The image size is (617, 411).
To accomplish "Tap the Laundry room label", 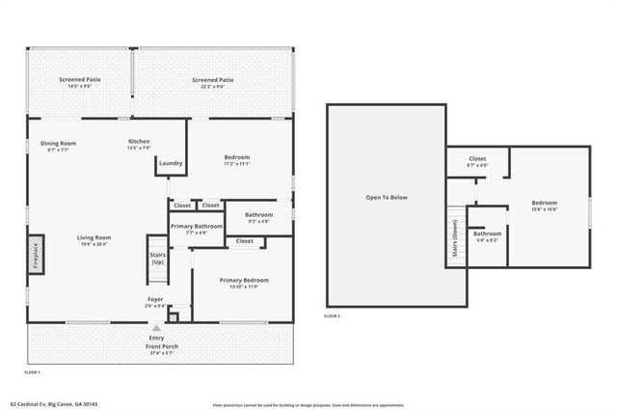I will click(x=171, y=163).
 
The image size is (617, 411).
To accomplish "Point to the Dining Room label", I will click(x=58, y=144).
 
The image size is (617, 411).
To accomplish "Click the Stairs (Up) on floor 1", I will click(x=157, y=258).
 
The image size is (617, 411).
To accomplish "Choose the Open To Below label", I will click(x=386, y=198).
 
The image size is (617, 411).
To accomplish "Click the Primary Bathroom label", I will click(x=196, y=226).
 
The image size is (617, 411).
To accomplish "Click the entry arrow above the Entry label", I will click(x=155, y=328).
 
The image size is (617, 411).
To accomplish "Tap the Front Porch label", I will click(x=161, y=345).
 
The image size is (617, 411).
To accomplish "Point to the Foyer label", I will click(x=154, y=300).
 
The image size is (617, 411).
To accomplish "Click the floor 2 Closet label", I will click(x=477, y=159).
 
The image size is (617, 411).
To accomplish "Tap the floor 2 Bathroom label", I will click(x=486, y=233).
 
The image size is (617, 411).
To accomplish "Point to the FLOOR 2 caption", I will click(x=333, y=316).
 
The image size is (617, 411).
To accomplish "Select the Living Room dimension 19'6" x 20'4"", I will click(x=94, y=244).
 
